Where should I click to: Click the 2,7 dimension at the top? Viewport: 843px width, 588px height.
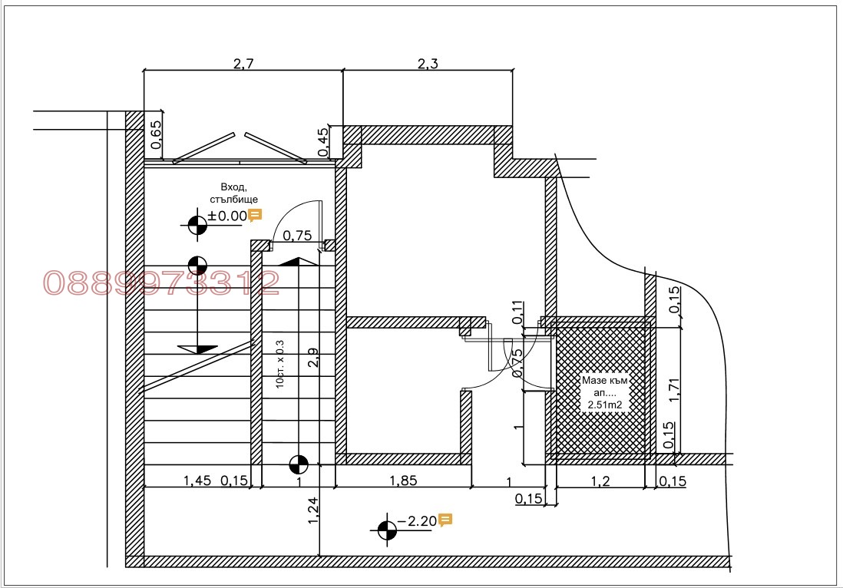click(x=243, y=64)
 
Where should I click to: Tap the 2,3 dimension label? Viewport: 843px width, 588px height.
click(x=428, y=64)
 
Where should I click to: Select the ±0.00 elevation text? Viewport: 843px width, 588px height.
click(x=227, y=216)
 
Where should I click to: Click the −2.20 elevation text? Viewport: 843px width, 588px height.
click(x=417, y=520)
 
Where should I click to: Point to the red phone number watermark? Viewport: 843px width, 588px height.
click(x=161, y=282)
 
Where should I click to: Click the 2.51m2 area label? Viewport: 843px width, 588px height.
click(x=605, y=405)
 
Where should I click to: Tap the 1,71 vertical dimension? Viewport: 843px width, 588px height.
click(x=675, y=390)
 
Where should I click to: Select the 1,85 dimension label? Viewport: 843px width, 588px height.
click(x=403, y=480)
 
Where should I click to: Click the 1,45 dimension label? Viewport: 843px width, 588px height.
click(x=197, y=480)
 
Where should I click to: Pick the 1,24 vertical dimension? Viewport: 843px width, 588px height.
click(x=313, y=511)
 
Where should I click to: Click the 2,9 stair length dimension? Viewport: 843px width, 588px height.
click(x=313, y=358)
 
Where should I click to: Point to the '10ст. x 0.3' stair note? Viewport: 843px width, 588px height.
click(x=279, y=364)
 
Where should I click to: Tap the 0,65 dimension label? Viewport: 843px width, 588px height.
click(x=156, y=135)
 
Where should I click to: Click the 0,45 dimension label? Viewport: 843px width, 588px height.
click(x=323, y=142)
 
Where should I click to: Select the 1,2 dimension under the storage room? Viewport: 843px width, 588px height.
click(x=600, y=481)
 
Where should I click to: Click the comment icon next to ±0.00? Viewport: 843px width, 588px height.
click(x=255, y=215)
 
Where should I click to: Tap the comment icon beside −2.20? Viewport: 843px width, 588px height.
click(x=445, y=520)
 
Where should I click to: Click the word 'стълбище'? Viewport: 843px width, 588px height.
click(x=234, y=200)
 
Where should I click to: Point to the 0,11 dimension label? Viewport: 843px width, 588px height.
click(x=517, y=312)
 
